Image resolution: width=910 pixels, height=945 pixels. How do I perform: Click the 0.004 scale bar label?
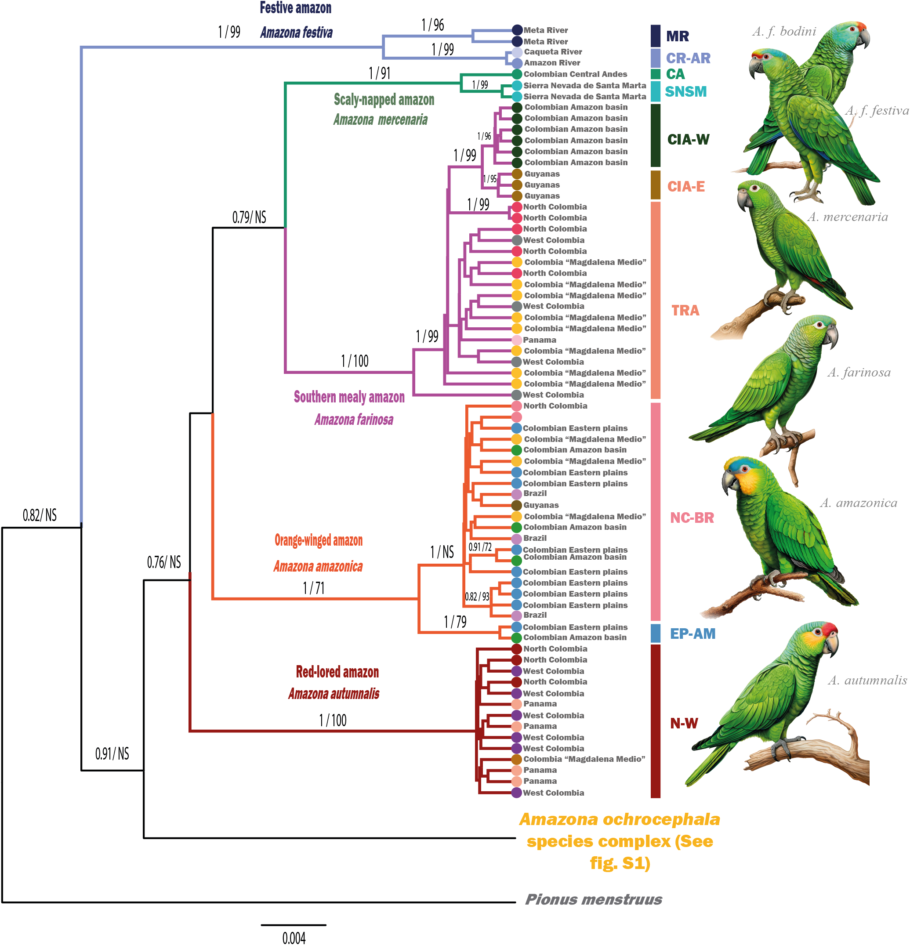click(294, 937)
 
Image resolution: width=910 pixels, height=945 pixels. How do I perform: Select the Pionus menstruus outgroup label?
click(593, 899)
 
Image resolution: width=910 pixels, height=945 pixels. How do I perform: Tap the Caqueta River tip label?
click(553, 51)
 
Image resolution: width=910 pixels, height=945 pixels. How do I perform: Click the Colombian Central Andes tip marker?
click(516, 74)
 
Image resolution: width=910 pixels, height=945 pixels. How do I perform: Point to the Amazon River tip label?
click(552, 63)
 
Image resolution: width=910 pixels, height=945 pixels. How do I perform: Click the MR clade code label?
click(677, 36)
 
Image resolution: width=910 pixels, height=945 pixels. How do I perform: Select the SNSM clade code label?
click(685, 92)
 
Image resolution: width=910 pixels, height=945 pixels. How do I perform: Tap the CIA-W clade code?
click(688, 139)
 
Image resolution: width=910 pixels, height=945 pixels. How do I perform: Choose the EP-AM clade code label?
click(692, 634)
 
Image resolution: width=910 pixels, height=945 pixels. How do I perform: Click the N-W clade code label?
click(684, 723)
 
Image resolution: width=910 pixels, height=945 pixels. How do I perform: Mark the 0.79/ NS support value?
click(249, 217)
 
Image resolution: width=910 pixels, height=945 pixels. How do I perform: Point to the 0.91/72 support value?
click(480, 547)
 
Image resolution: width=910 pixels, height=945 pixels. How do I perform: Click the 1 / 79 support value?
click(455, 622)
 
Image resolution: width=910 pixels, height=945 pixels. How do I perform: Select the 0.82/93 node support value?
click(476, 597)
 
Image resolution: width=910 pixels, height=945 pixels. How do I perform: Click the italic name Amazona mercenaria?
click(380, 119)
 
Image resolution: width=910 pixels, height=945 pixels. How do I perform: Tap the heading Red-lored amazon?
click(337, 672)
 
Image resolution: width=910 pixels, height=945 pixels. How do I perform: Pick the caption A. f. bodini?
click(783, 32)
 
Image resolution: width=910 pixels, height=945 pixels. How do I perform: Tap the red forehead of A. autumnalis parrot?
click(829, 629)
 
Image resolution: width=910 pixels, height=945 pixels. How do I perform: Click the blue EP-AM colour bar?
click(656, 633)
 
